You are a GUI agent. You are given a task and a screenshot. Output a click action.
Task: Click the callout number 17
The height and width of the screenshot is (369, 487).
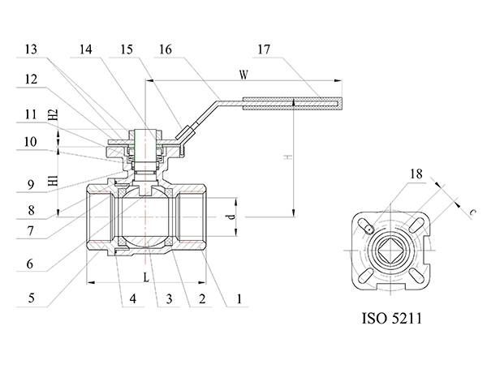pyautogui.click(x=264, y=49)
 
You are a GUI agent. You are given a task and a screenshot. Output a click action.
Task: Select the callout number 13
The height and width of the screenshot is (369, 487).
pyautogui.click(x=31, y=49)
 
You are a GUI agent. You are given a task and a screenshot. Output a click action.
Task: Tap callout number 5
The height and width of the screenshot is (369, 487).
pyautogui.click(x=31, y=298)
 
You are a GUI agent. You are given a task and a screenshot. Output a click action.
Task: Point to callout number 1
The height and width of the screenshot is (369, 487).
pyautogui.click(x=239, y=299)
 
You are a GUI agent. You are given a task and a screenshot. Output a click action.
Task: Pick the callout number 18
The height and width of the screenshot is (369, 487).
pyautogui.click(x=416, y=174)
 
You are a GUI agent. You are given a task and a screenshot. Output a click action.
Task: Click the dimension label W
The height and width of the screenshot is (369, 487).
pyautogui.click(x=243, y=75)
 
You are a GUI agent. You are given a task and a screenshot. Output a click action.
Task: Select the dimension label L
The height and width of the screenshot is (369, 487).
pyautogui.click(x=146, y=277)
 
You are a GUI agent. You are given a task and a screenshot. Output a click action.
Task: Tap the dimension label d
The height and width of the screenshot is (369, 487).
pyautogui.click(x=231, y=217)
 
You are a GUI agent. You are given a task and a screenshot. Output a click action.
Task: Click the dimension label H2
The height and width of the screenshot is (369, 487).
pyautogui.click(x=53, y=115)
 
